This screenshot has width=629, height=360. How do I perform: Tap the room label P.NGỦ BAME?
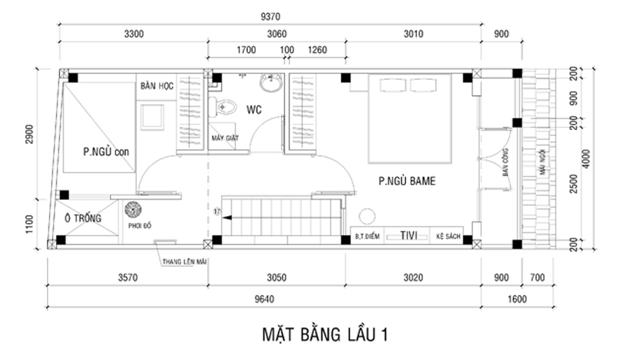coord(407,181)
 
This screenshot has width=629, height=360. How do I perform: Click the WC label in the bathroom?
coord(252,109)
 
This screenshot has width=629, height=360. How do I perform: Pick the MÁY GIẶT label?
coord(226,138)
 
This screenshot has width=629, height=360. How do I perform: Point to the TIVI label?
coord(409,236)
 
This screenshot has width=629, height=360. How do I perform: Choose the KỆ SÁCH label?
coord(448,237)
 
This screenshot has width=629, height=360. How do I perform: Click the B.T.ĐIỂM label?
coord(366,237)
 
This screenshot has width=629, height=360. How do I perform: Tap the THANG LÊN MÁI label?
coord(185,261)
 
